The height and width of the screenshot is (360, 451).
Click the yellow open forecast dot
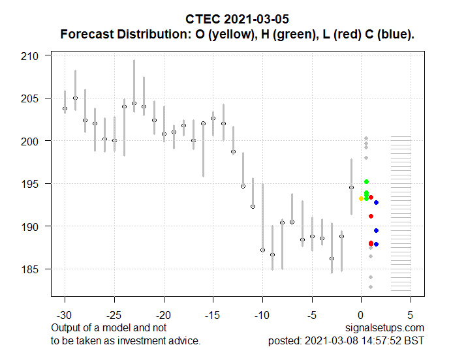[x=361, y=198]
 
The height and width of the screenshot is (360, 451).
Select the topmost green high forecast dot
[x=367, y=181]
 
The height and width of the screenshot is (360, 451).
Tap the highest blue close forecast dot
[x=376, y=203]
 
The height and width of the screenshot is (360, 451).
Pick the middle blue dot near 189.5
[x=376, y=230]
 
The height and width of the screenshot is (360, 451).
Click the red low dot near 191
[x=371, y=216]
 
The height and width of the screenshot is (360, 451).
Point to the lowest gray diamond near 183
[x=371, y=287]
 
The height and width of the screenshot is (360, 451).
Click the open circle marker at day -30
[x=65, y=109]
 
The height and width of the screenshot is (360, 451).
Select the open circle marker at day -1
[x=351, y=187]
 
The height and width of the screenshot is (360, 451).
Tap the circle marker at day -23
[x=134, y=103]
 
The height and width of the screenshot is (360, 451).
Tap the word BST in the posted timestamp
[x=414, y=340]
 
